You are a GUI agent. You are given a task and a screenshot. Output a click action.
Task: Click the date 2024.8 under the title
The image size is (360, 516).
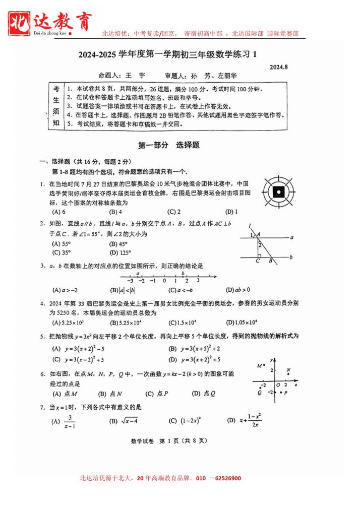tap(278, 67)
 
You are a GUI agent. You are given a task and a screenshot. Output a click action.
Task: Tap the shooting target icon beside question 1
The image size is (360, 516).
tap(278, 191)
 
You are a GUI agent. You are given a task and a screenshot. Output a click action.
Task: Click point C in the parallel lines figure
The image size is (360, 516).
tap(257, 261)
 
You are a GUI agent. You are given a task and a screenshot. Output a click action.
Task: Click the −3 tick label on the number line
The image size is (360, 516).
tap(130, 280)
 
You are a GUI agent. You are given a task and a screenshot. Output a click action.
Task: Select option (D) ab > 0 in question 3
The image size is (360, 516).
tap(238, 290)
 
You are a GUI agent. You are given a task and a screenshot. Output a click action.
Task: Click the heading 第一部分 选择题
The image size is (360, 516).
tap(169, 145)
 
